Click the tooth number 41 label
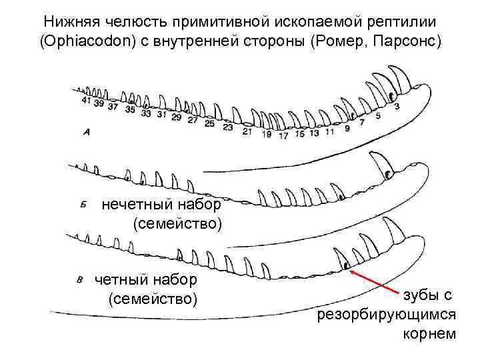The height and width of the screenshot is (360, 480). tap(86, 101)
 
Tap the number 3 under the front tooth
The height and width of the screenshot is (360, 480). tap(397, 106)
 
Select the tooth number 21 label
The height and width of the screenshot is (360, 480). tap(247, 131)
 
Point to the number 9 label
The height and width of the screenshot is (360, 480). tap(347, 128)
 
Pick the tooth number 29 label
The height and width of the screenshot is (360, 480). tap(177, 117)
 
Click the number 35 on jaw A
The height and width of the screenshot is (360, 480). tap(130, 109)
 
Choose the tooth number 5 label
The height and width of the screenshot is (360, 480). tap(378, 117)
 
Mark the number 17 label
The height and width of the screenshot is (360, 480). tap(283, 135)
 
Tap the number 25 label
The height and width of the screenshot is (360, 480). tap(210, 123)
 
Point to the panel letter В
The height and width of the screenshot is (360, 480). tap(80, 279)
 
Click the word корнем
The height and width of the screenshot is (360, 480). tap(430, 333)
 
